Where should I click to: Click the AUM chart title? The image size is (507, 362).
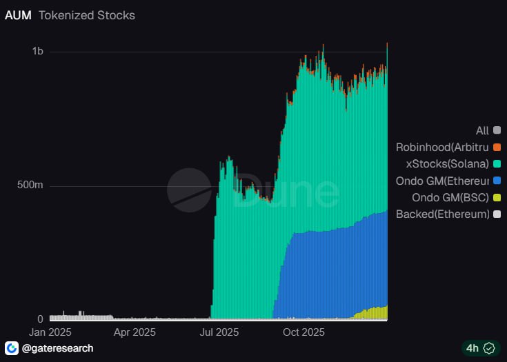(18, 14)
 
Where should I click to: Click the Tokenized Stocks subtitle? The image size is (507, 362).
(87, 14)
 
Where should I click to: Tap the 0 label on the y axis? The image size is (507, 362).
(40, 319)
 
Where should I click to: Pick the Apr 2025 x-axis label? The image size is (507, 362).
(134, 332)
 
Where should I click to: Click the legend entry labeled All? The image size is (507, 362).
(482, 130)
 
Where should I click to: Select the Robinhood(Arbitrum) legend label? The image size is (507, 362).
(442, 147)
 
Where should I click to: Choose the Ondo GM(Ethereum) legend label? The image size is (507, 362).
(442, 181)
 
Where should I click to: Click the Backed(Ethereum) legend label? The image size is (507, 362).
(442, 214)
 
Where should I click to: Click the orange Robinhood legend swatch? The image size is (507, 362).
(497, 147)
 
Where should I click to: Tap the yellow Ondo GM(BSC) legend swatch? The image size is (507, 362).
(497, 197)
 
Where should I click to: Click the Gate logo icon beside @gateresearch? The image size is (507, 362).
(12, 348)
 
